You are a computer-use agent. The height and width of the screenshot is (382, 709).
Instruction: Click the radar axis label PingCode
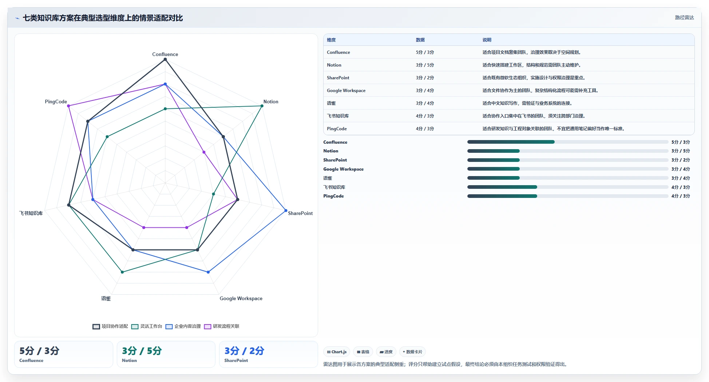(x=56, y=102)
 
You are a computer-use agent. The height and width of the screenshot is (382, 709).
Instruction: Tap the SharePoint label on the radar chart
(x=300, y=214)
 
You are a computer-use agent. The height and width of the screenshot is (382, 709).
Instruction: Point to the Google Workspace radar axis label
(x=241, y=299)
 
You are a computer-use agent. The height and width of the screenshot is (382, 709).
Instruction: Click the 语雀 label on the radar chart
(x=106, y=299)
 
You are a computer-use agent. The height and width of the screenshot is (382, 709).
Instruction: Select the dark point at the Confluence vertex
(x=165, y=59)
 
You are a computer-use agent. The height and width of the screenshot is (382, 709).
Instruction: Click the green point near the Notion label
(x=262, y=106)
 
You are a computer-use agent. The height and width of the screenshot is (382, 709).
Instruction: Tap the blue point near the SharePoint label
(x=286, y=211)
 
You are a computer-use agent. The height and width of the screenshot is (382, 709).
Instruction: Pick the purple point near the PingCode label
(x=68, y=106)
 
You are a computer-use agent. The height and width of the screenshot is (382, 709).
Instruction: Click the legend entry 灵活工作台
(x=147, y=326)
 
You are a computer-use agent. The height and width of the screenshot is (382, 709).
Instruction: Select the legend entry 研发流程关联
(x=222, y=326)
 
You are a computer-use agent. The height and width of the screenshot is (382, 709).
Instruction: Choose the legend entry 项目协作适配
(x=110, y=326)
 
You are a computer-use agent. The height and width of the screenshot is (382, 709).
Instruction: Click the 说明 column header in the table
(x=487, y=40)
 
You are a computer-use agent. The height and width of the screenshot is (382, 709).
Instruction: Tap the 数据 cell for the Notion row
(x=425, y=65)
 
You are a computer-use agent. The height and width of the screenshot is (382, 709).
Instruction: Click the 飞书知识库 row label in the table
(x=338, y=116)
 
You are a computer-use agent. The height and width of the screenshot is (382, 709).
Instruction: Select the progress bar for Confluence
(x=568, y=142)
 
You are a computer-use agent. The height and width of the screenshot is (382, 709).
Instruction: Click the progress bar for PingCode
(x=568, y=196)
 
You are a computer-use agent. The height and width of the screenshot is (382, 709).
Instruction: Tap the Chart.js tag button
(x=337, y=352)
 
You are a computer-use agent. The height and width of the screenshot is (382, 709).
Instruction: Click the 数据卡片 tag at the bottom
(x=412, y=352)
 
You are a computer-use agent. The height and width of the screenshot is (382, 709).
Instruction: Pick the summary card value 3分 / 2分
(x=244, y=351)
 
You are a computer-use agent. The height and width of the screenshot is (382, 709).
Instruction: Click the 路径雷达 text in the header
(x=684, y=17)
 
